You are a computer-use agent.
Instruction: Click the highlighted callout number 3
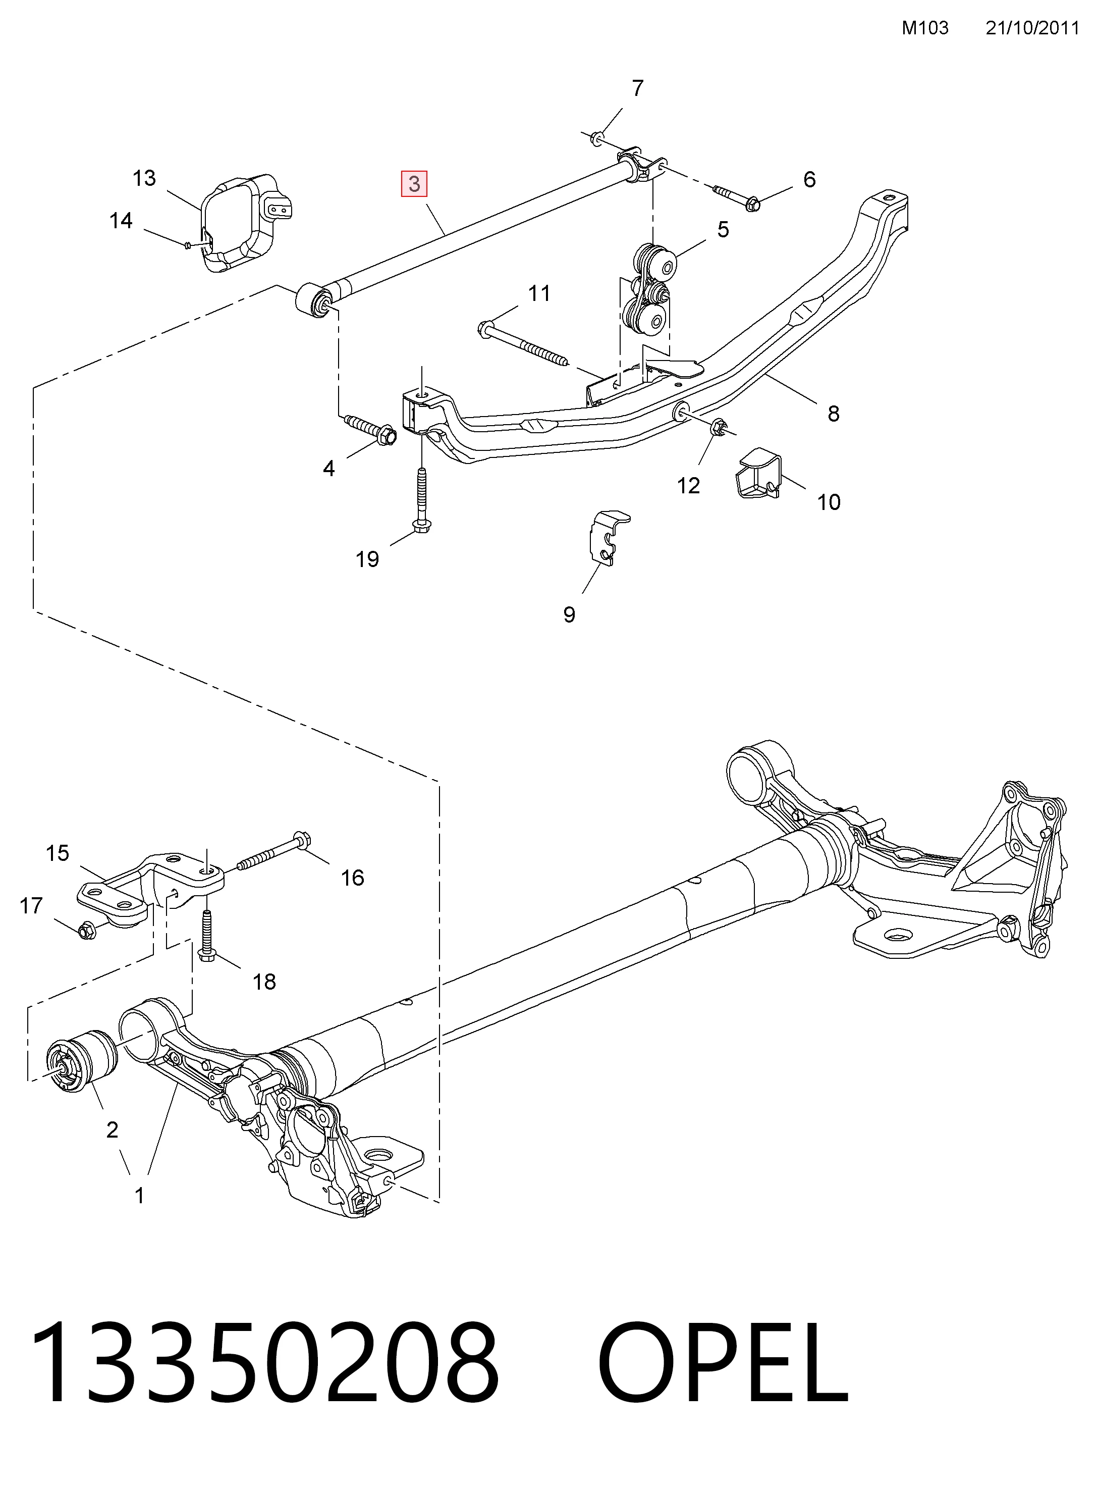click(414, 183)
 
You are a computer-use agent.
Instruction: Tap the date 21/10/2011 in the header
click(1031, 27)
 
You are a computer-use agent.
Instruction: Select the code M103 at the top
click(925, 27)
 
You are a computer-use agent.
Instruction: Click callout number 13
click(144, 178)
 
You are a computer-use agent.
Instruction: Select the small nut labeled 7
click(596, 138)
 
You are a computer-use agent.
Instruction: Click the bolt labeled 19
click(421, 499)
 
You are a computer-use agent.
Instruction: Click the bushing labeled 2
click(83, 1062)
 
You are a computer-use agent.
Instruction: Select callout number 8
click(834, 414)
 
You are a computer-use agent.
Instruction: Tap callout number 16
click(352, 878)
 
